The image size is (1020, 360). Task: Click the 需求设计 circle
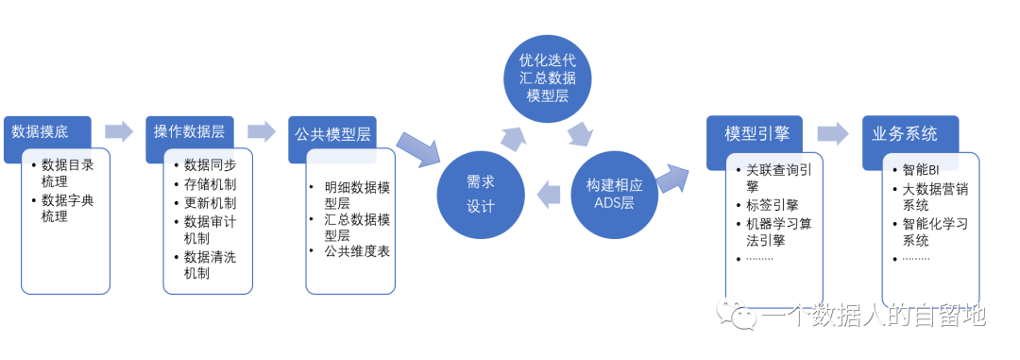coord(481,194)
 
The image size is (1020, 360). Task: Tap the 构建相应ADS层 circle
coord(614,194)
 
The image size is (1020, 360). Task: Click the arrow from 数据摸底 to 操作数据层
coord(119,131)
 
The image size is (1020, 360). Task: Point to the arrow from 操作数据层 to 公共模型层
coord(262,131)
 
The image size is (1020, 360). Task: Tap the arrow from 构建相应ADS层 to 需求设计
coord(548,196)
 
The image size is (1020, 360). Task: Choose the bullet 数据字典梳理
coord(67,208)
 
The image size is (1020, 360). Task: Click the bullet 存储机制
coord(210,183)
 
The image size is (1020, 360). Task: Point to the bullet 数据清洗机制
coord(210,265)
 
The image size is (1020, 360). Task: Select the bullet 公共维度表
coord(356,251)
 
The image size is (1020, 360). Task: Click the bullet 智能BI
coord(920,170)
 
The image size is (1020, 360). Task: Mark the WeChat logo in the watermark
coord(738,314)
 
